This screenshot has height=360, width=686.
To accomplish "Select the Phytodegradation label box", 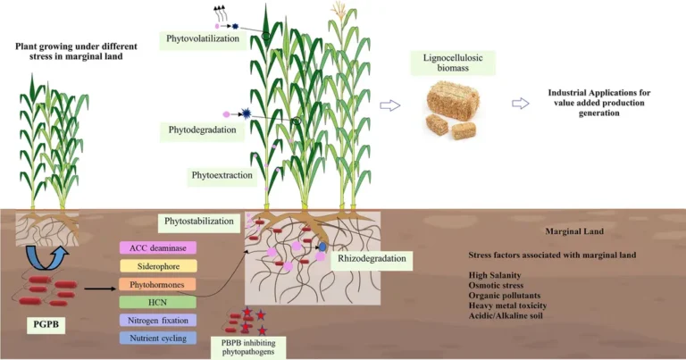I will click(202, 130).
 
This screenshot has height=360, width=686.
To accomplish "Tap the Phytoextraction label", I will click(222, 175).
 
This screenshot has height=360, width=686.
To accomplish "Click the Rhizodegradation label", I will click(372, 260).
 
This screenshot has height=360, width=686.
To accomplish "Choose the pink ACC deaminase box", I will click(158, 247).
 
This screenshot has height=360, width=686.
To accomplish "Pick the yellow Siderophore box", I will click(158, 265).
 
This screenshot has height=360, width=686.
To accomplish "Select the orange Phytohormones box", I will click(158, 284).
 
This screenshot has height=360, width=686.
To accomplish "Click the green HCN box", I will click(158, 302).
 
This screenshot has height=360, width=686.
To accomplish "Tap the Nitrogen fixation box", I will click(158, 320).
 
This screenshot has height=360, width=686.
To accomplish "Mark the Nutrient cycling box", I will click(158, 338).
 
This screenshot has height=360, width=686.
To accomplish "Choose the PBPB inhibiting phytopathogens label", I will click(246, 347).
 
